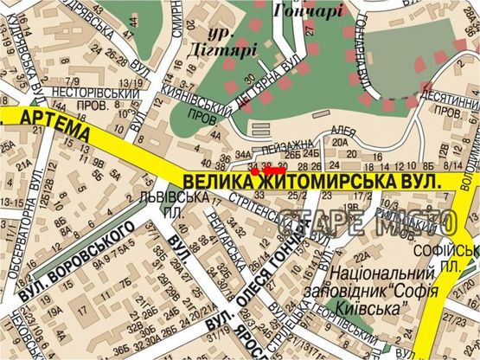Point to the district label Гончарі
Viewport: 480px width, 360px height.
click(x=308, y=11)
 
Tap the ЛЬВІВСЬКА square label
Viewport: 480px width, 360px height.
click(x=171, y=196)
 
